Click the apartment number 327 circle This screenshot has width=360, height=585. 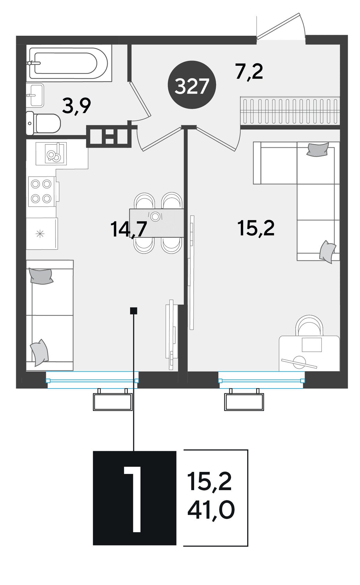click(192, 85)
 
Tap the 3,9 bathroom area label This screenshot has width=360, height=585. click(76, 106)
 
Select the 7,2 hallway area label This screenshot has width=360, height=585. click(249, 72)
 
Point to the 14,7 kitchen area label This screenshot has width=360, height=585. click(129, 229)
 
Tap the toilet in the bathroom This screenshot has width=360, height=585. click(43, 123)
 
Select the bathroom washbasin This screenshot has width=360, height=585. click(35, 95)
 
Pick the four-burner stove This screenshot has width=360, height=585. click(42, 191)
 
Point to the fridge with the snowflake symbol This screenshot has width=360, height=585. click(42, 234)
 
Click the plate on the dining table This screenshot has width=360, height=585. click(155, 216)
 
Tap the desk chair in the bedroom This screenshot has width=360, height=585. click(309, 326)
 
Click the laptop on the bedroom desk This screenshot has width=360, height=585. click(312, 345)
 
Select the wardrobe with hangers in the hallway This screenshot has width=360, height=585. click(290, 110)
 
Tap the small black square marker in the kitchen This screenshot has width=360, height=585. click(133, 311)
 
